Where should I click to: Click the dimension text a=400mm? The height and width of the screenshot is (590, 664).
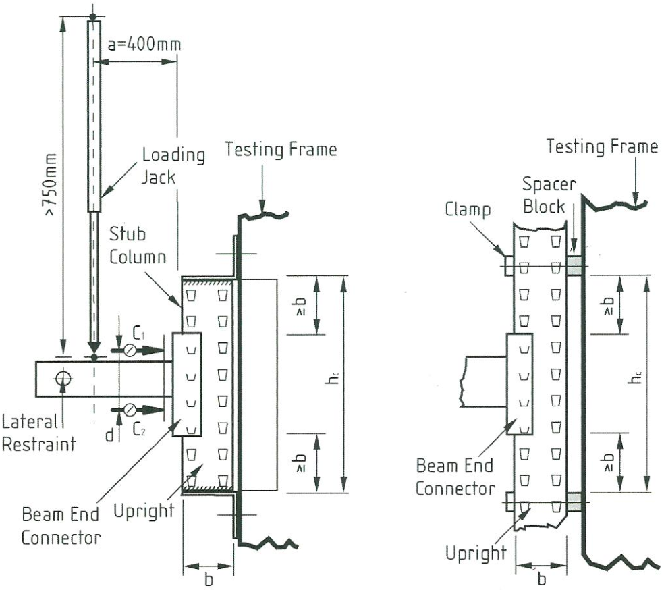coord(144,45)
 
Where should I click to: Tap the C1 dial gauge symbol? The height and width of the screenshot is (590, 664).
coord(129,350)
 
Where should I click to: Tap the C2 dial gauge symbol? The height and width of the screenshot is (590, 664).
coord(129,408)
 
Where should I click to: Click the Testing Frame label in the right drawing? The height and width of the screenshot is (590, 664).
coord(602,146)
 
